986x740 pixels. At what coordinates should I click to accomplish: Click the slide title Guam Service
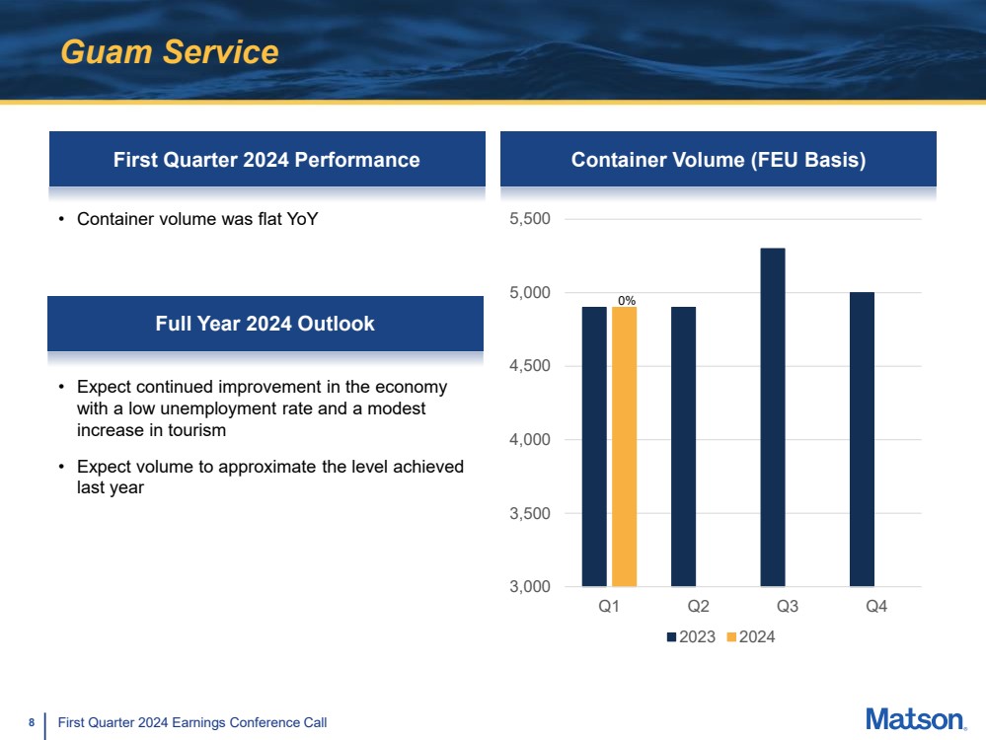pos(170,51)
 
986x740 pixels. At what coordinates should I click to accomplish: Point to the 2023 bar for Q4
pos(862,439)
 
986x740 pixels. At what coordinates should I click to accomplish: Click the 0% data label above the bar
pos(626,299)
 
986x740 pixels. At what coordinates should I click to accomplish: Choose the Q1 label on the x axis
pos(609,607)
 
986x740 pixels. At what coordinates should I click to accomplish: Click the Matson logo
pos(915,719)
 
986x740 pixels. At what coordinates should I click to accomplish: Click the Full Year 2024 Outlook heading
pos(265,324)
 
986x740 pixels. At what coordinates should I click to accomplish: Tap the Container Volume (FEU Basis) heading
pos(719,160)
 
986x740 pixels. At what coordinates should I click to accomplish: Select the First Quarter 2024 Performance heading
pos(266,160)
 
